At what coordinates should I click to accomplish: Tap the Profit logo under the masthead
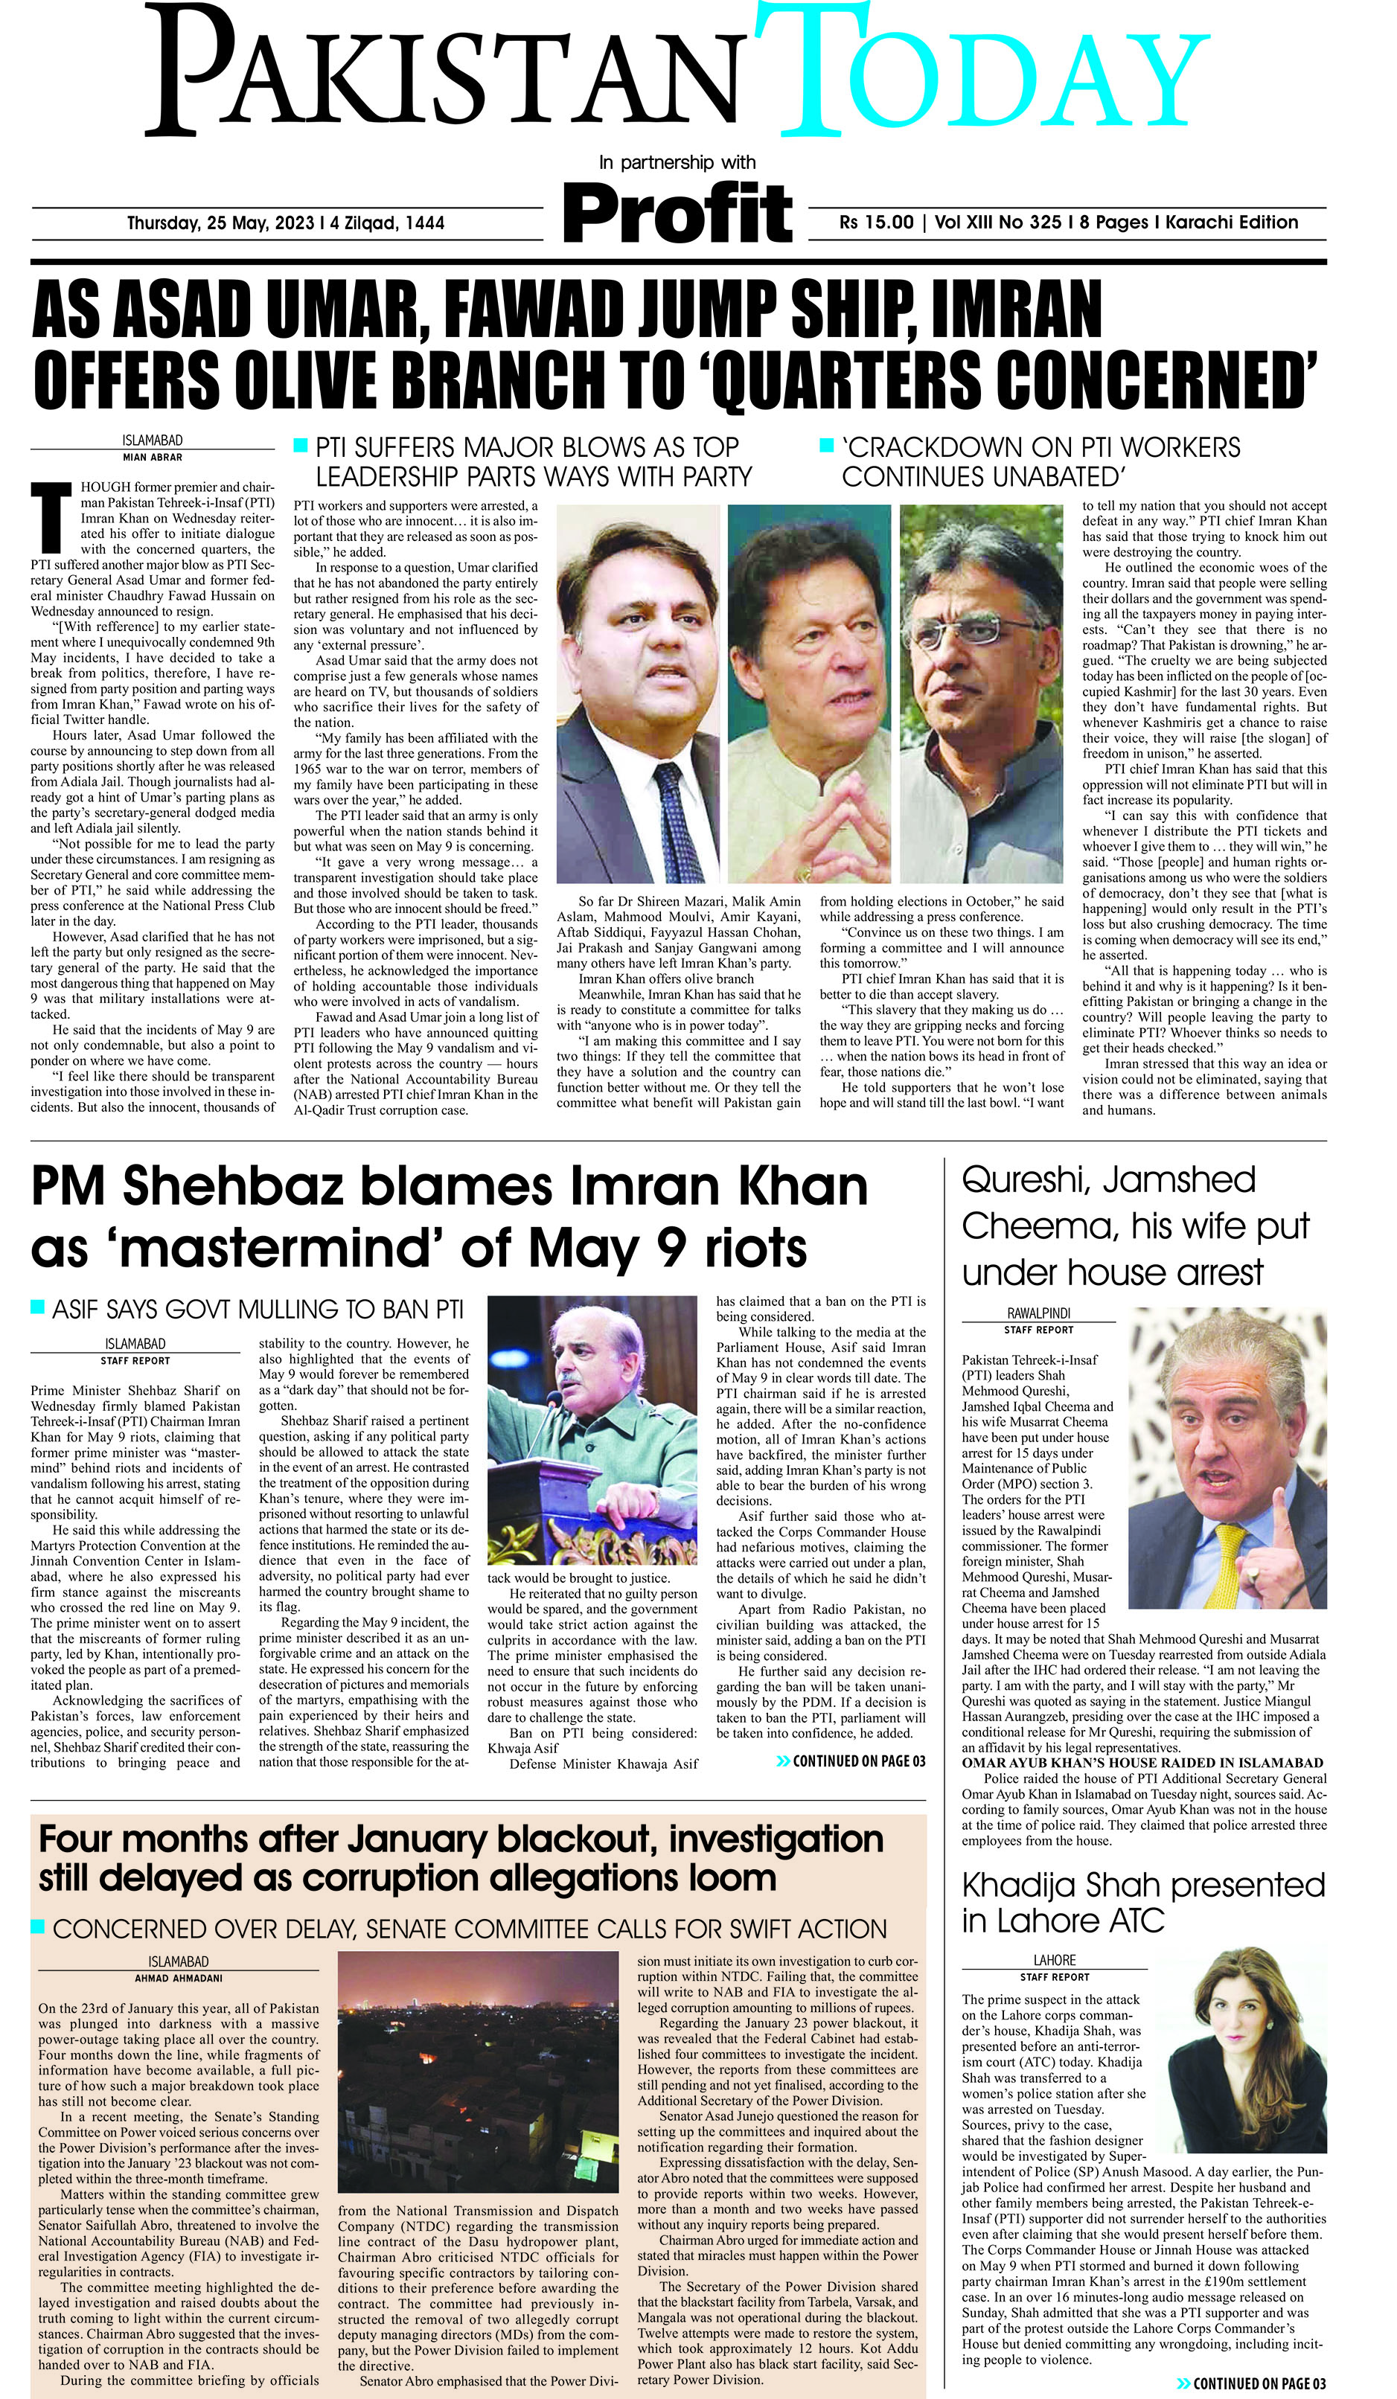(677, 212)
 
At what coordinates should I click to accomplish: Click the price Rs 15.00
(876, 222)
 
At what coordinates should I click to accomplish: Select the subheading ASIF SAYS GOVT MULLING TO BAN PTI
(257, 1310)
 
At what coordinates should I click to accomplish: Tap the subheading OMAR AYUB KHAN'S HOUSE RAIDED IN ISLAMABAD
(1142, 1763)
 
